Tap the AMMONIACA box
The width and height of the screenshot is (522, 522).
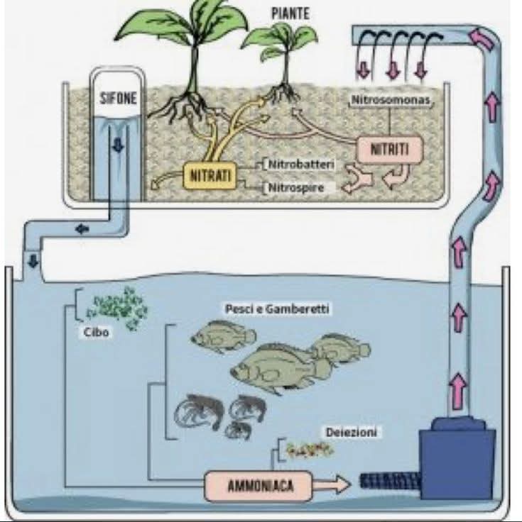click(260, 486)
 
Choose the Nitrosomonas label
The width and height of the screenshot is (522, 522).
click(391, 101)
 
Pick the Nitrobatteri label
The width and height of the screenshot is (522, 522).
click(301, 165)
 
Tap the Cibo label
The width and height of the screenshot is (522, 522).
click(97, 332)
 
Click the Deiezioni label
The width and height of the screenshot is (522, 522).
click(352, 432)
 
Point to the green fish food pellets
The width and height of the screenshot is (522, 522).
click(118, 306)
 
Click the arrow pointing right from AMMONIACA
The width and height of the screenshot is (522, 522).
click(333, 485)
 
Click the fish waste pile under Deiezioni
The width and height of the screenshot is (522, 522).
click(310, 448)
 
